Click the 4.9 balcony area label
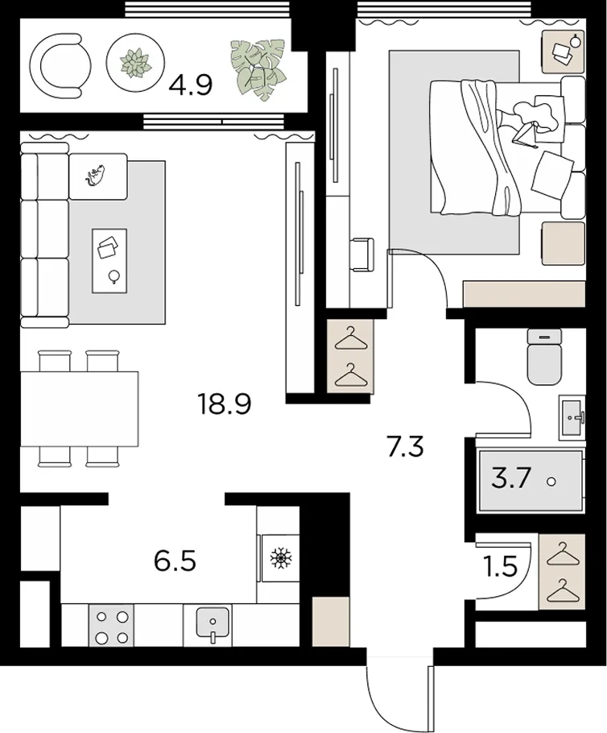tap(191, 85)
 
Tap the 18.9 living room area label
tap(225, 404)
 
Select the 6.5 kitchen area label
tap(175, 561)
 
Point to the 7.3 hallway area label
tap(405, 446)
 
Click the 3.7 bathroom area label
tap(512, 478)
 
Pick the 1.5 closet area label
tap(499, 567)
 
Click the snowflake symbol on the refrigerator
tap(280, 557)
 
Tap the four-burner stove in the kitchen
tap(111, 627)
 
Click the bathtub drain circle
tap(551, 481)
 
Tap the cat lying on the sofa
tap(95, 175)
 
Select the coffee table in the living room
tap(109, 261)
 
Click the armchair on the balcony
tap(60, 66)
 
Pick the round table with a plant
tap(135, 63)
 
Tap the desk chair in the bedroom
tap(361, 255)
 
